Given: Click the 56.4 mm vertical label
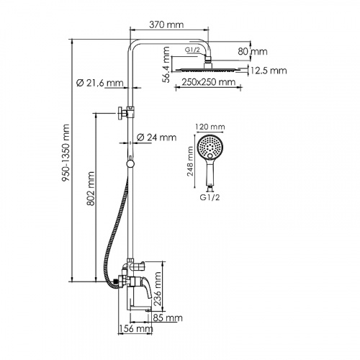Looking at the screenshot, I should [x=166, y=64].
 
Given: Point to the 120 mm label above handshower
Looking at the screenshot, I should [x=215, y=126].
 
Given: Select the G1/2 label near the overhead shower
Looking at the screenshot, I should [x=192, y=50].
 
